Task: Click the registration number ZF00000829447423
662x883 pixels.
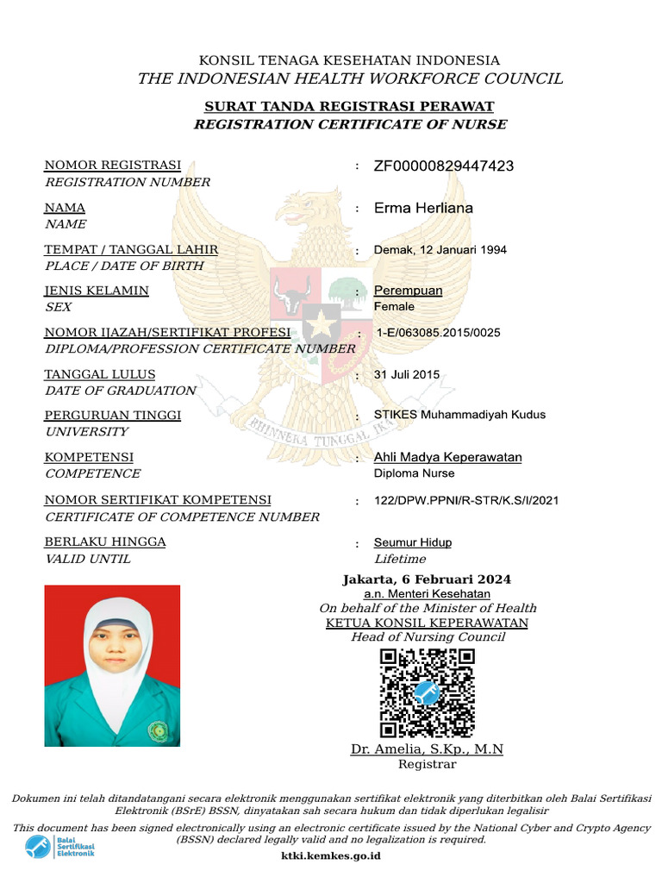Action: click(443, 166)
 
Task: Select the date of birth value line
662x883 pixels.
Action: click(440, 250)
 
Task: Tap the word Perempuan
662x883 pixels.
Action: click(408, 291)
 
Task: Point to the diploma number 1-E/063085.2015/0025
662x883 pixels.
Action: click(438, 333)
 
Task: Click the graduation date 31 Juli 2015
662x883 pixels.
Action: click(407, 374)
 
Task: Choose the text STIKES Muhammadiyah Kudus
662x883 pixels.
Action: click(459, 415)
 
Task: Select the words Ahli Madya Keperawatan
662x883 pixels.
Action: click(447, 457)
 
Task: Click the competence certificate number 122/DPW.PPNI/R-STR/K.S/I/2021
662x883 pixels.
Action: click(465, 499)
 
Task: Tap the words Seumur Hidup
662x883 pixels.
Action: click(412, 542)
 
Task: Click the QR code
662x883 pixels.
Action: click(427, 693)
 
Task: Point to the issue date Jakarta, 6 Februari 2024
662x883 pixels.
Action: click(427, 579)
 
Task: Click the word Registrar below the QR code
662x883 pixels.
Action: click(427, 764)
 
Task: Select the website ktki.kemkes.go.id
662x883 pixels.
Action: click(331, 856)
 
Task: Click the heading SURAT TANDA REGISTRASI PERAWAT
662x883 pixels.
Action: click(349, 107)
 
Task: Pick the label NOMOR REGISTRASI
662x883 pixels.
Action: click(113, 166)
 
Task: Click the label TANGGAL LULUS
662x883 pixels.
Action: click(100, 374)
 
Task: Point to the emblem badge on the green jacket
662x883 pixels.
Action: click(159, 731)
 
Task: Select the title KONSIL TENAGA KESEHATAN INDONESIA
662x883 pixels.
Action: click(349, 60)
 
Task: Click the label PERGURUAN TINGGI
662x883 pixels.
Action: click(113, 416)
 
